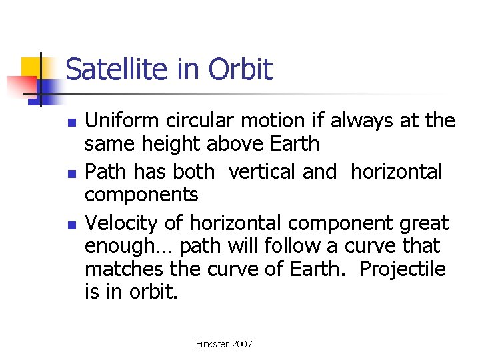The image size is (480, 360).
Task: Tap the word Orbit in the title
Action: (241, 70)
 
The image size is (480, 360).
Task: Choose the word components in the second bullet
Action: (141, 195)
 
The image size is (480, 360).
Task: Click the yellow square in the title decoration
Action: (33, 68)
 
